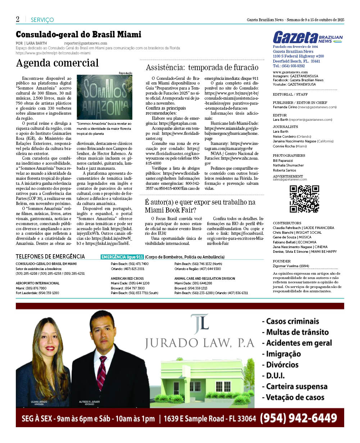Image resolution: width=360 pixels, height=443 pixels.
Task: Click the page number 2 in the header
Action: (x=18, y=19)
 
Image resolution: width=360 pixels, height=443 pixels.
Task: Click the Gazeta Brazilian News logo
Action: (x=307, y=37)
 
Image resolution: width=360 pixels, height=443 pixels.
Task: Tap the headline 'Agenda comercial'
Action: (x=57, y=63)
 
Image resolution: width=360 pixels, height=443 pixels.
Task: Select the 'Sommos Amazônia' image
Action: (x=104, y=97)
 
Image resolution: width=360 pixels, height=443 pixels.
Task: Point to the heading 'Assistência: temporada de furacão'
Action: (x=202, y=67)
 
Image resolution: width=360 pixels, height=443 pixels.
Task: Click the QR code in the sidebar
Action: (x=304, y=199)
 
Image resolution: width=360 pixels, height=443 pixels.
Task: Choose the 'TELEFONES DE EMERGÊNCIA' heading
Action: (x=50, y=256)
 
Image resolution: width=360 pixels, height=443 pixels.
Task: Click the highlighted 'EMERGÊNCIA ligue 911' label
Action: (x=122, y=257)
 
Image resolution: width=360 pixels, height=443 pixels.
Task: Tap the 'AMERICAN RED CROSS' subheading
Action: (x=127, y=278)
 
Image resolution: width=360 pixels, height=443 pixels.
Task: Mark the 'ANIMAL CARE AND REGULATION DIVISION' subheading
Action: (x=205, y=278)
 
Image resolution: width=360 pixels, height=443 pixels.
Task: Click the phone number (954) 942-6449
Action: (x=298, y=418)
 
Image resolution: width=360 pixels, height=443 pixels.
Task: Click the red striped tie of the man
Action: (x=102, y=374)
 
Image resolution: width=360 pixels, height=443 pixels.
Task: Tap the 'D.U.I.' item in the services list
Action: (x=275, y=375)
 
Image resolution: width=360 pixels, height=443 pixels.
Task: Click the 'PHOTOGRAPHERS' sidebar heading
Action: (x=289, y=155)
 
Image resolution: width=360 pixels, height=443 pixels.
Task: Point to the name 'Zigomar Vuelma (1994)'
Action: (x=291, y=266)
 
